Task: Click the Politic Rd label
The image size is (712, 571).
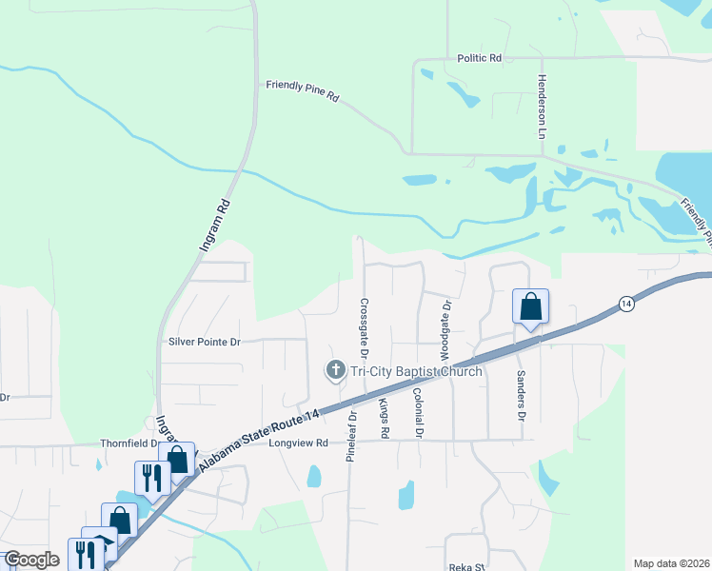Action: [479, 58]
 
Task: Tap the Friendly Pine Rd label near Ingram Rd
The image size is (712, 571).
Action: [303, 90]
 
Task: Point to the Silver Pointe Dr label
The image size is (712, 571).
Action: [205, 341]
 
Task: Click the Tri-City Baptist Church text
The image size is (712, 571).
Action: [415, 371]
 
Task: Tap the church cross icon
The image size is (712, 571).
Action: [335, 370]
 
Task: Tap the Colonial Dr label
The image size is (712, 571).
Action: [417, 412]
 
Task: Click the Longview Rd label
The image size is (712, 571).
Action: [298, 443]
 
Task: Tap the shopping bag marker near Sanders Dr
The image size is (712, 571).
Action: [531, 307]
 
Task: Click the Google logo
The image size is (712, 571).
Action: [31, 560]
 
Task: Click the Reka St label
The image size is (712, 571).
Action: [466, 565]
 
